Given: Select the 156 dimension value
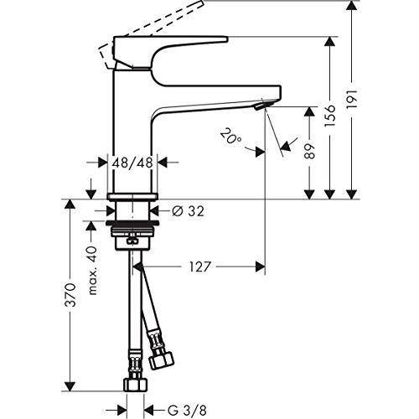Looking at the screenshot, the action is (x=330, y=116).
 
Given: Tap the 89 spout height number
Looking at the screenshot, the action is (x=309, y=151).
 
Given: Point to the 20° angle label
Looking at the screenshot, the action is (x=230, y=136).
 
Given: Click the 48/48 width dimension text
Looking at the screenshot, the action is (x=132, y=163).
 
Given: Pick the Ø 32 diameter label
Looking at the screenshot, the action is (x=188, y=211).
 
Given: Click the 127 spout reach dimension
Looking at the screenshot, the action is (x=199, y=266).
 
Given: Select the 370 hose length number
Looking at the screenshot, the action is (x=70, y=295).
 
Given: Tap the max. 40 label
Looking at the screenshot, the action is (x=93, y=271).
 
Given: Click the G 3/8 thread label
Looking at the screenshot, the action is (x=187, y=411).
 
